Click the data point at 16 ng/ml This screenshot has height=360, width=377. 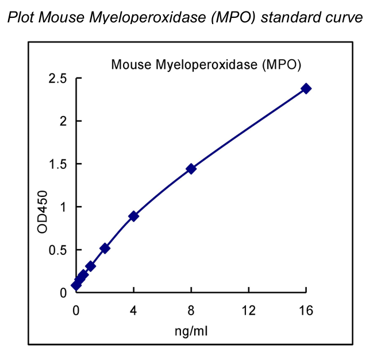pos(306,88)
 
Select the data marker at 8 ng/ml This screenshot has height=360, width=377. pos(191,169)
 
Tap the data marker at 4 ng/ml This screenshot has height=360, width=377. pos(133,216)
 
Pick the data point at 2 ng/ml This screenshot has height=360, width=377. pos(105,249)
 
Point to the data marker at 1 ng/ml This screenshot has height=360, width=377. pos(90,266)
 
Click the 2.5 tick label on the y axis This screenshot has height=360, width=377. pos(57,78)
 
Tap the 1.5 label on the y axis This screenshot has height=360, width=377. pos(57,164)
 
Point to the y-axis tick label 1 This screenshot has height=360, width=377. pos(63,207)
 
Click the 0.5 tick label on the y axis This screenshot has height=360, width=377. pos(57,250)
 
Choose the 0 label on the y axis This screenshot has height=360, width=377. pos(63,293)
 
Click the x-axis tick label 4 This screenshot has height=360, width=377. pos(133,311)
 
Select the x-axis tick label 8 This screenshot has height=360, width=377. pos(191,311)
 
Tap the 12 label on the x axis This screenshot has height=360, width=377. pos(248,311)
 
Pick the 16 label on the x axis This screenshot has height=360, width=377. pos(306,311)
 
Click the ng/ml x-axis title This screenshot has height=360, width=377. pos(191,331)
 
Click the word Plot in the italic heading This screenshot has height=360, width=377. pos(20,18)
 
